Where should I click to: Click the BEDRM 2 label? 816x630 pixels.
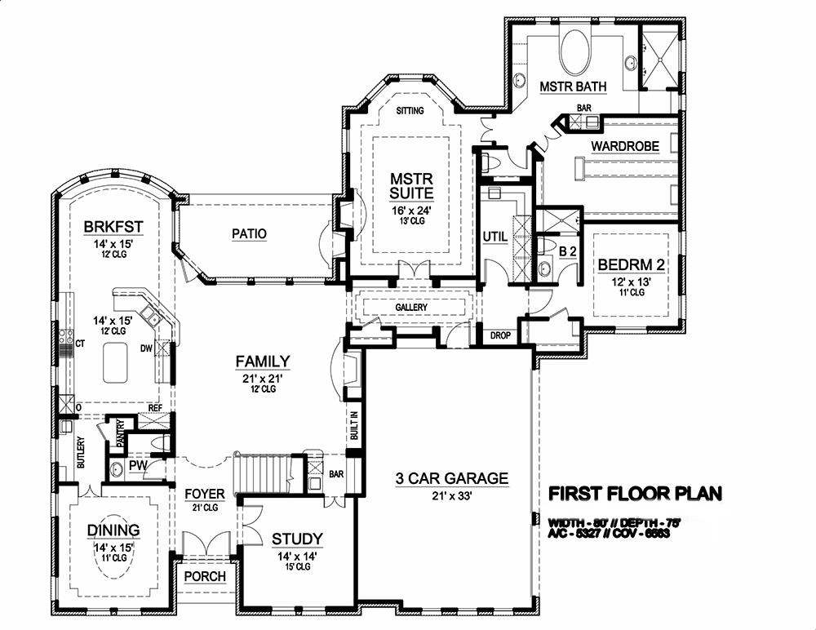pos(632,265)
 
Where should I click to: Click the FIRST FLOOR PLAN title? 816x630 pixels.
pos(635,494)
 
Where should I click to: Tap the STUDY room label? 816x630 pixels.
pos(297,539)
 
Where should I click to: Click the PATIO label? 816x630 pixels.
pos(248,234)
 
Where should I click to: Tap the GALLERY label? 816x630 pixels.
pos(412,307)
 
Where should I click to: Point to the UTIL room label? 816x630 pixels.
pos(495,237)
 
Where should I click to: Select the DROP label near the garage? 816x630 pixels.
pos(499,335)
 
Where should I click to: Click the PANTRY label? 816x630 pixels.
pos(119,433)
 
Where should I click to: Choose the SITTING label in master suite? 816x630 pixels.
pos(410,111)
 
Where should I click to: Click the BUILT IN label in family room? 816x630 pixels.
pos(354,426)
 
